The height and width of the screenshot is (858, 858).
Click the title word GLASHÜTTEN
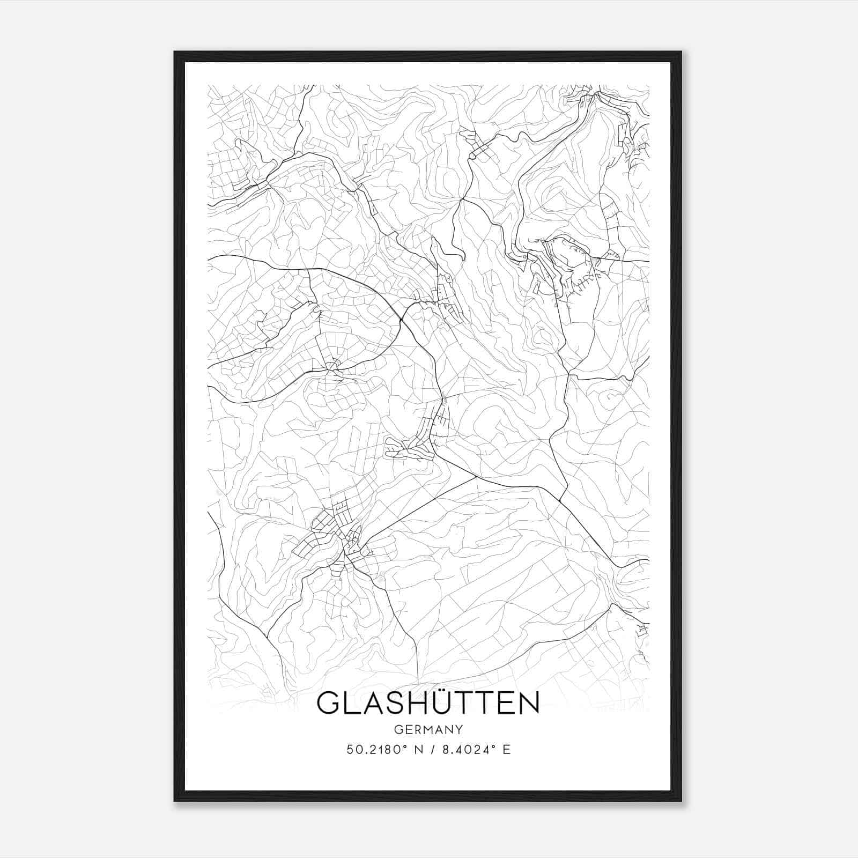click(x=428, y=704)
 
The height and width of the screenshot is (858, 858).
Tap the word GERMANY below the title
click(x=428, y=729)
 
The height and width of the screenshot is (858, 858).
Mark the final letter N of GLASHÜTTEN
click(x=527, y=704)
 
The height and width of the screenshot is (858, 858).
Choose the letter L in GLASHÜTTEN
click(x=350, y=704)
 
